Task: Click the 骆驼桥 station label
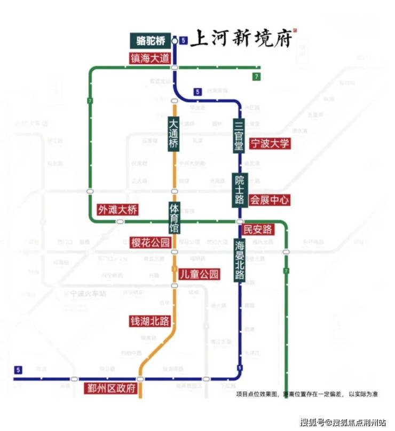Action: (151, 41)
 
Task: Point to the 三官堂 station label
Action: (239, 136)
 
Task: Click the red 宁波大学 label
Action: (270, 143)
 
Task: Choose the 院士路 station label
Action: (239, 190)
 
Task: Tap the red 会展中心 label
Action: (270, 200)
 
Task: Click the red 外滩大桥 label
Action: (117, 210)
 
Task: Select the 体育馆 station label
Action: (174, 218)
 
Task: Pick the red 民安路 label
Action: (258, 230)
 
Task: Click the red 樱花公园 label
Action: (151, 242)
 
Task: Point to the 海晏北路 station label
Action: (239, 260)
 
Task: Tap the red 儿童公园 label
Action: (199, 274)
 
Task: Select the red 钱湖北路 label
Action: (150, 321)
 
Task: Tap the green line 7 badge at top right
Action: (257, 76)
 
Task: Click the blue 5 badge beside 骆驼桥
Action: (183, 41)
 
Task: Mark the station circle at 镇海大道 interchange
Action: (174, 68)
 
